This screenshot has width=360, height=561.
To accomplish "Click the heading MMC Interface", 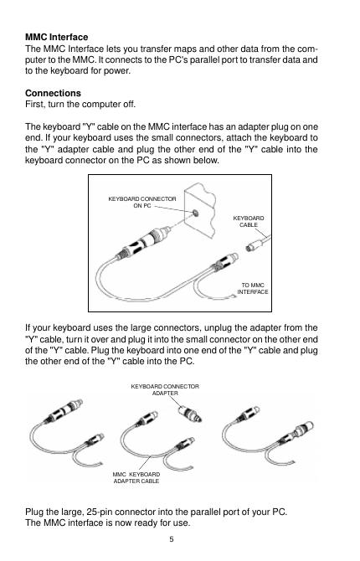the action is (x=57, y=37).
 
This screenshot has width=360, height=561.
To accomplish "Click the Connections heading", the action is (x=53, y=94).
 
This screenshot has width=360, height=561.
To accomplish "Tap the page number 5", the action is (x=172, y=539).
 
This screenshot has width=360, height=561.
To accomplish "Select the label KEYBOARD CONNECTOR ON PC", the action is (x=142, y=202).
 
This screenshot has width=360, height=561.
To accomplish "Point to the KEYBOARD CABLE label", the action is (x=249, y=221).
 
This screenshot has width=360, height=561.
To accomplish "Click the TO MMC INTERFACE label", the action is (x=253, y=288).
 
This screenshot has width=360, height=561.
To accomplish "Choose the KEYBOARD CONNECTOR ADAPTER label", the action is (x=165, y=389).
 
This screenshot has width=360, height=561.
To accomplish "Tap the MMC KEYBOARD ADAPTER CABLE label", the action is (x=136, y=477).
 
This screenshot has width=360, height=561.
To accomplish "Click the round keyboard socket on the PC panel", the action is (x=195, y=214).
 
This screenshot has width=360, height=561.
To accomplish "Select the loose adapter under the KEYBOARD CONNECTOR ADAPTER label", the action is (x=190, y=414).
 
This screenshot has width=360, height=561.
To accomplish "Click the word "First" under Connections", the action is (x=34, y=105).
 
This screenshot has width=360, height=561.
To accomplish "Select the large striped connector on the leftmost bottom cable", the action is (x=64, y=410).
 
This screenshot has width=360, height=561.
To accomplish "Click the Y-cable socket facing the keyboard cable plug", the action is (x=224, y=261).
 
